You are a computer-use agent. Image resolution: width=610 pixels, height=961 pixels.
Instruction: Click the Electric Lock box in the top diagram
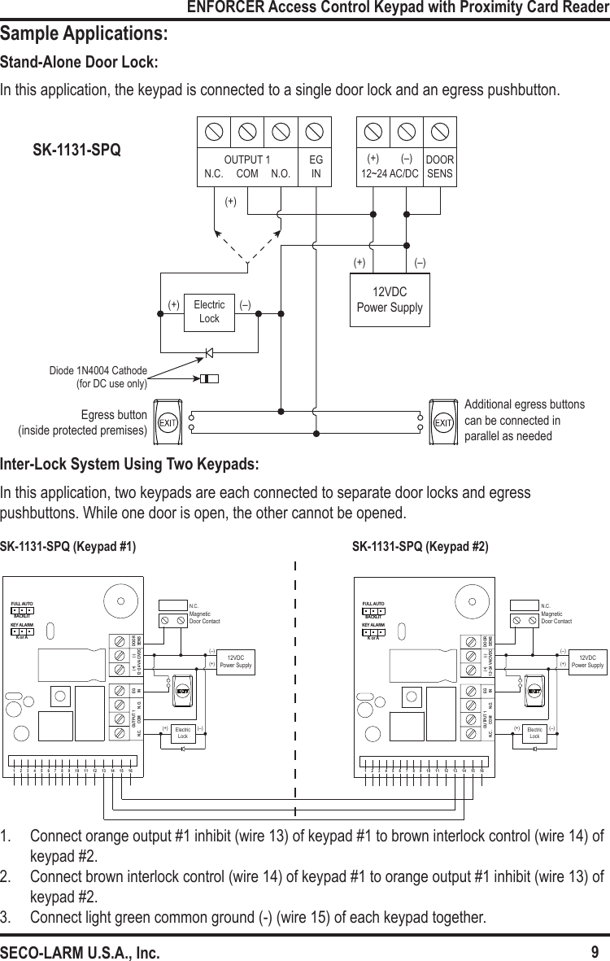209,312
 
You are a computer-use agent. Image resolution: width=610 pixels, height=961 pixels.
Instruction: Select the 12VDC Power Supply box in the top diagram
390,300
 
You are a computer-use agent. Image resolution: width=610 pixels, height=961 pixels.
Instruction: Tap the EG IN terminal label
316,167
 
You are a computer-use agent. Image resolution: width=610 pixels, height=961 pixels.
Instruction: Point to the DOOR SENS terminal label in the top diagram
440,167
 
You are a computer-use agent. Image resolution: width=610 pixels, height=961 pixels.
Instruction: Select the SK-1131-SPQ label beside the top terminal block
76,151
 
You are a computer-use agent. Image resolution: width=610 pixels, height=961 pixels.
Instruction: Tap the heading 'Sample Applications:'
85,35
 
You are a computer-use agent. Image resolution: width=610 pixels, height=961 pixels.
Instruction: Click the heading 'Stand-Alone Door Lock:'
79,63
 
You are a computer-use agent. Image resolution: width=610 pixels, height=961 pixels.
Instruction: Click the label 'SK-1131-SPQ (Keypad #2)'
420,546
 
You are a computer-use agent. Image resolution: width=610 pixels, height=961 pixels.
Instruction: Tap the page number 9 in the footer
595,952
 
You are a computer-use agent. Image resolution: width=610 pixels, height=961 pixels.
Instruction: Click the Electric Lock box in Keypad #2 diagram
534,732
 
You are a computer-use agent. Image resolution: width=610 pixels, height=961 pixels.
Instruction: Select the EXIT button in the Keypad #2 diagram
534,690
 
